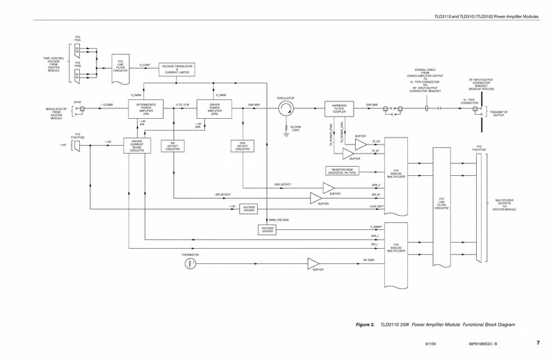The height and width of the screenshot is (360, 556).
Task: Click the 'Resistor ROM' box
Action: point(341,171)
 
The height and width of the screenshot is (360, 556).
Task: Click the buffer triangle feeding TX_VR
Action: point(360,143)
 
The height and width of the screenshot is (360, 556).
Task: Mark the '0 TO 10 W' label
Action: point(182,105)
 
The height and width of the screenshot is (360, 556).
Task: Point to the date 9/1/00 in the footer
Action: point(431,343)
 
